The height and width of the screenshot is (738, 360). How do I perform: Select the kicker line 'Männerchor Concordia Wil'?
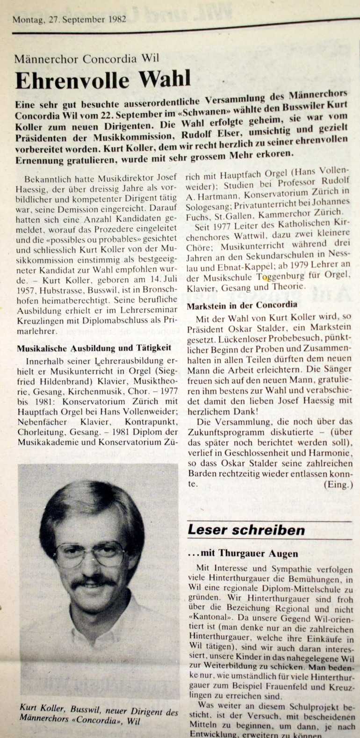87,59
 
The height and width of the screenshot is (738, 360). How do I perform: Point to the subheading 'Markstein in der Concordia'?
242,305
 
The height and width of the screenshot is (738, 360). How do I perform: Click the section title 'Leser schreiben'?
246,530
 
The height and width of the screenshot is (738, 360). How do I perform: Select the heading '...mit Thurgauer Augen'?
242,553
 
